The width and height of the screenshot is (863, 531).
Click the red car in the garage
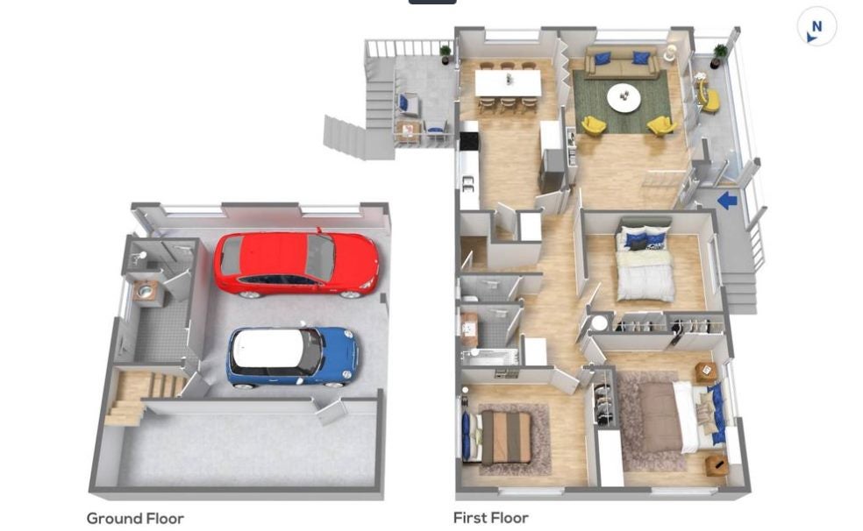296,265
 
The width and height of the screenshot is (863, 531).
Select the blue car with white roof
292,358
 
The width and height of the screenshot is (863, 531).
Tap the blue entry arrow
727,200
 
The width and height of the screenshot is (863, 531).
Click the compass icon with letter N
817,27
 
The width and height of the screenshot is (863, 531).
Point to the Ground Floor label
135,519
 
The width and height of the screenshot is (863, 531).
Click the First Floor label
491,518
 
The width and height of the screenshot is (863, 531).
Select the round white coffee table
624,96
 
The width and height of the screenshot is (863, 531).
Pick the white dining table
508,83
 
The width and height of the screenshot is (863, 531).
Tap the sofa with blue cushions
622,63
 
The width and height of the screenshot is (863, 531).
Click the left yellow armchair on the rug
594,126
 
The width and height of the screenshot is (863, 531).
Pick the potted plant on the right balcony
718,55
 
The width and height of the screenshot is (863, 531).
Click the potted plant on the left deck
446,53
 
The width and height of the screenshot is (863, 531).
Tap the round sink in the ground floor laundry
146,292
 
